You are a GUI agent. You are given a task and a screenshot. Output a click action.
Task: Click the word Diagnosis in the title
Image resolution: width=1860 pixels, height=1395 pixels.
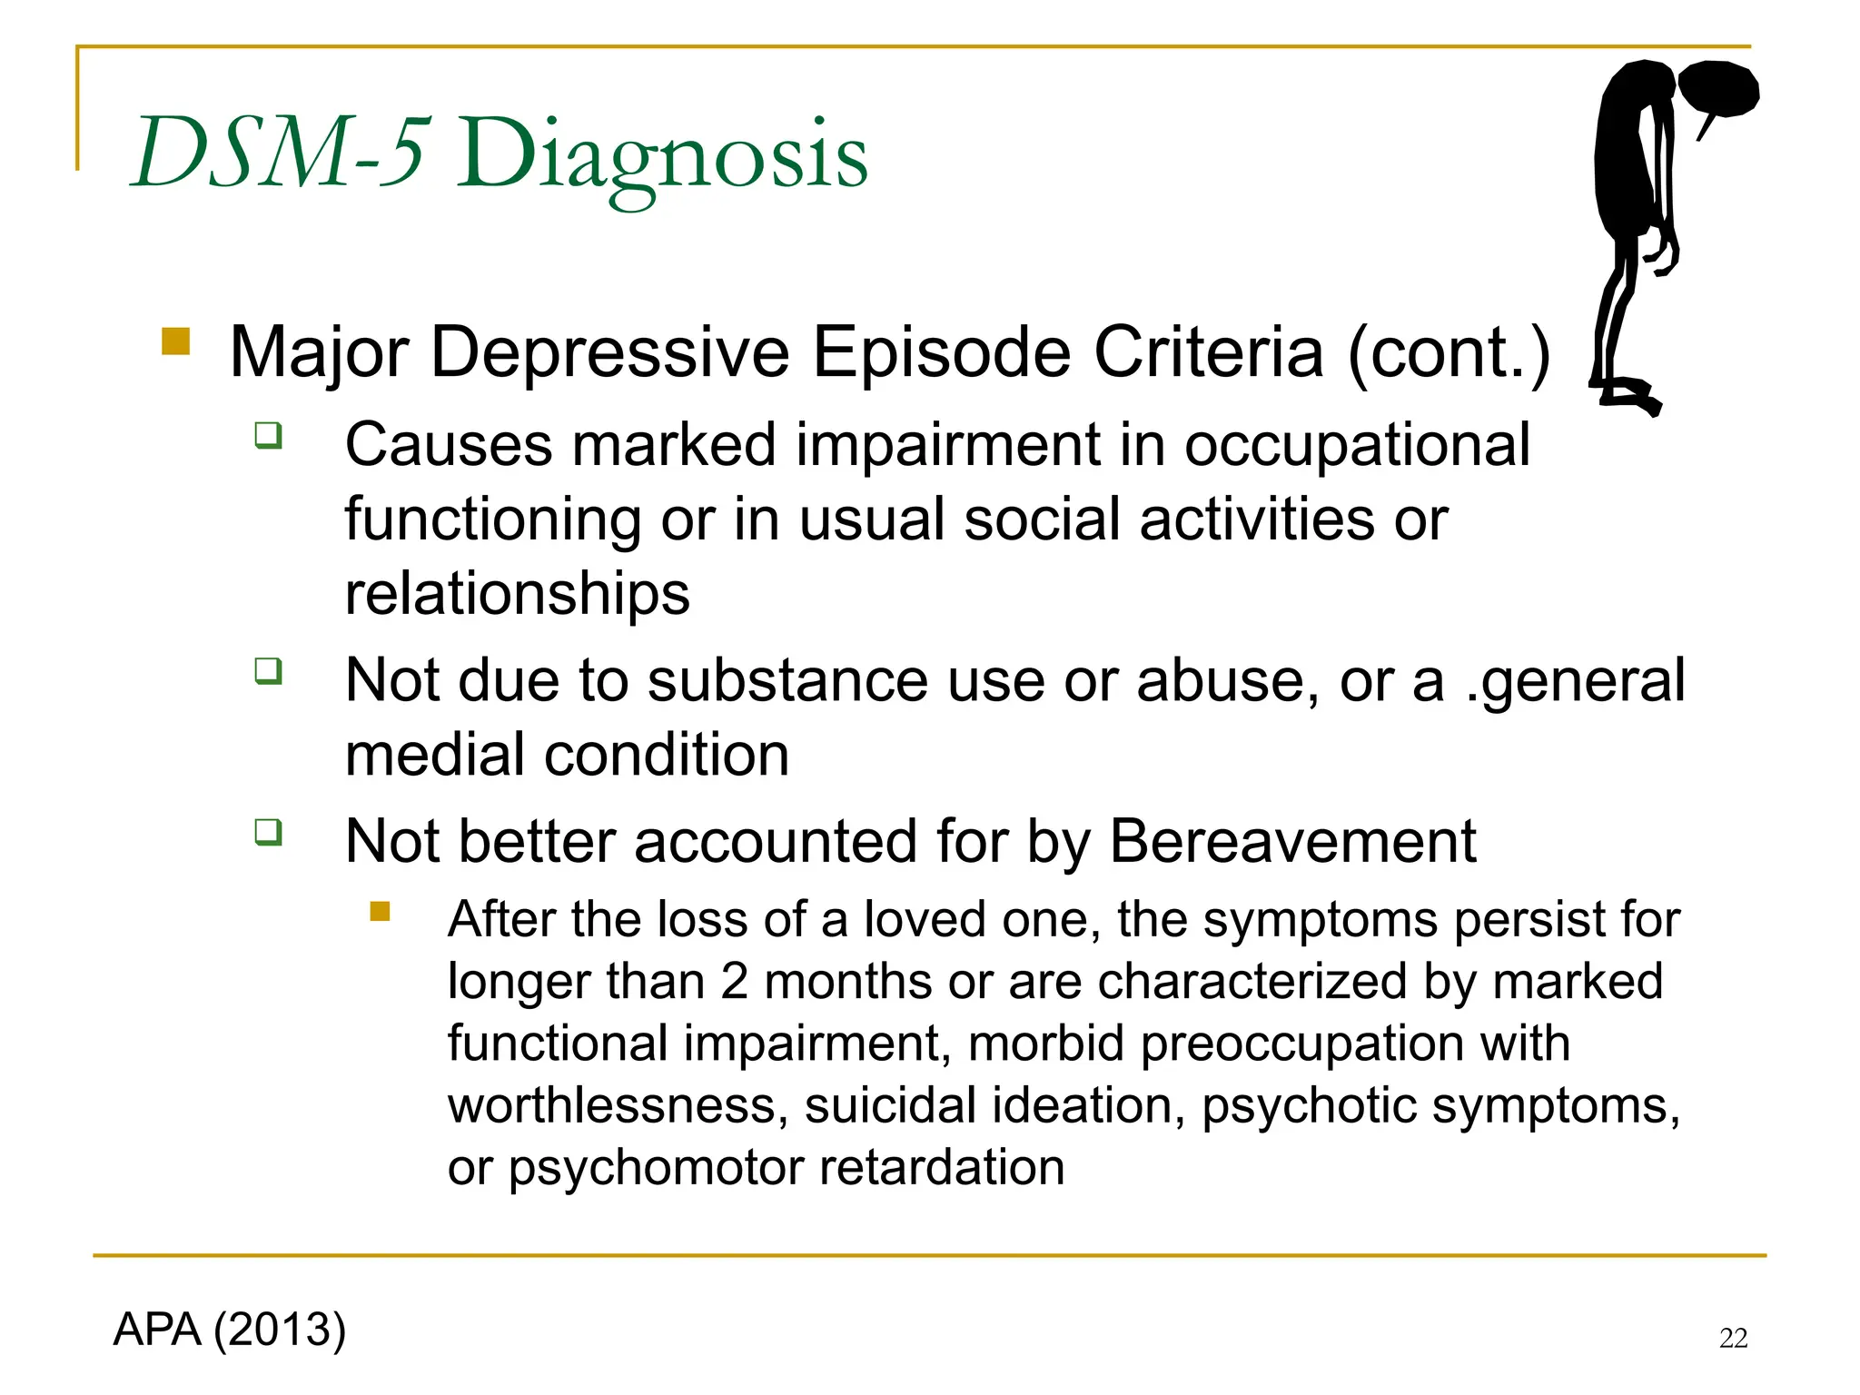[661, 156]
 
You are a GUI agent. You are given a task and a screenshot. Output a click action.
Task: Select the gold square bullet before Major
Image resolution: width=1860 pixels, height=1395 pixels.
[175, 341]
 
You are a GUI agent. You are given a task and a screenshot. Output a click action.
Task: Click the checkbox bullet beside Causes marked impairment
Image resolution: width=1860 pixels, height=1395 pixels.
[268, 435]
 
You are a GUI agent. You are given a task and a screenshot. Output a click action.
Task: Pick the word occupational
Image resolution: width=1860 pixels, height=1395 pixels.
[1357, 447]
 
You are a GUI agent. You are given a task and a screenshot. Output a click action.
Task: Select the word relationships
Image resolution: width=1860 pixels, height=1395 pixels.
[518, 594]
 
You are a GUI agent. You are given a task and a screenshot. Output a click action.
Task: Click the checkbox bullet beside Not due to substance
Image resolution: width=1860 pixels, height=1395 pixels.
[268, 671]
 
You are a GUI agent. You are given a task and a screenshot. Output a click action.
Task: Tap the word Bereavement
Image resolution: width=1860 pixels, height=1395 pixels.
[1292, 842]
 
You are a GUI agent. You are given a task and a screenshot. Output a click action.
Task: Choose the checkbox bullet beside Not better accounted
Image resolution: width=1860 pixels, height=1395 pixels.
[268, 832]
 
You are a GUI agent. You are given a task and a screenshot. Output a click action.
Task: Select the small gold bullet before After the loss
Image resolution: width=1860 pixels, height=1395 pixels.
[380, 911]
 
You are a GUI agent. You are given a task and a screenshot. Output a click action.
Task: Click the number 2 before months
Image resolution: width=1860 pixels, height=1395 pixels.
[734, 983]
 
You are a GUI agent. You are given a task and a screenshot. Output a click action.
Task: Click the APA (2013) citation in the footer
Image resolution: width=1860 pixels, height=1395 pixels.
[230, 1330]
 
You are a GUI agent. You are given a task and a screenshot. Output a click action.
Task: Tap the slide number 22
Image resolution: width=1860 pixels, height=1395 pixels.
[1733, 1339]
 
